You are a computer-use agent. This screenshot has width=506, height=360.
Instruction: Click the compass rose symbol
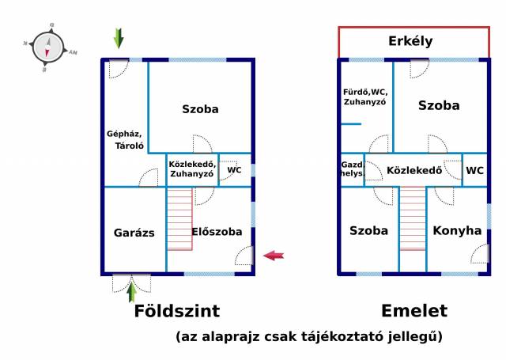coord(48,47)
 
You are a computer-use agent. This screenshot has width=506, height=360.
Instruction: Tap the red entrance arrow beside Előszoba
coord(274,256)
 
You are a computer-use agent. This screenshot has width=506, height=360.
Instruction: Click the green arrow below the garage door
coord(131,291)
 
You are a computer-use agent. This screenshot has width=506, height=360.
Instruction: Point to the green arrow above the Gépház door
coord(119,38)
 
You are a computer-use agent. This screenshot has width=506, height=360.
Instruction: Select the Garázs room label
coord(134,233)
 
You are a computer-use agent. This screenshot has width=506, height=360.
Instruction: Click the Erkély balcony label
coord(410,41)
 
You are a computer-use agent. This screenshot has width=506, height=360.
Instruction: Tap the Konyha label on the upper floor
coord(457,230)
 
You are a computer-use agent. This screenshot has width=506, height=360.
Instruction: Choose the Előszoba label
coord(217,232)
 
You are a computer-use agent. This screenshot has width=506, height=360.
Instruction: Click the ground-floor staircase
coord(179,219)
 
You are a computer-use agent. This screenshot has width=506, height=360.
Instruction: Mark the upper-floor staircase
coord(413,219)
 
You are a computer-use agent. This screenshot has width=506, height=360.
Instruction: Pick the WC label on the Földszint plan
coord(234,170)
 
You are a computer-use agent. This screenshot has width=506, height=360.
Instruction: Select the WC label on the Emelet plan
coord(474,170)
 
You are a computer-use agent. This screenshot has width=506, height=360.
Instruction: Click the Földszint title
coord(177,311)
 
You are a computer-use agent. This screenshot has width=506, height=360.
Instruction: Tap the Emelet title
coord(414,311)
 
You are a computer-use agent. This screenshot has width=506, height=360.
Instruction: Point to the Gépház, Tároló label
coord(125,140)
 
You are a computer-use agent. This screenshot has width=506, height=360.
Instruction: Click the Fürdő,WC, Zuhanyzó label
coord(365,97)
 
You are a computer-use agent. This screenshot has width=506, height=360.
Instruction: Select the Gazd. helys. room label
coord(353,169)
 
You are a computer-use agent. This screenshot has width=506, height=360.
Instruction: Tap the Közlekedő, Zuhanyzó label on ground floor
coord(192,169)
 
